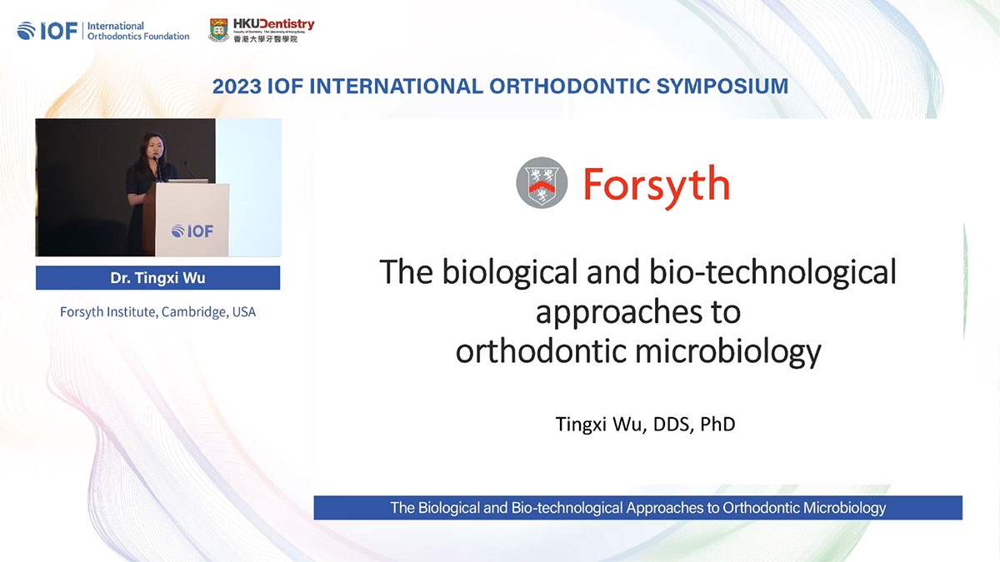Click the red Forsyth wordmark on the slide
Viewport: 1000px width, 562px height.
click(656, 184)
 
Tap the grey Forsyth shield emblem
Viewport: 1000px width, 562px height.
click(542, 184)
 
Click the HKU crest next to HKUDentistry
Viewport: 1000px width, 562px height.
click(218, 30)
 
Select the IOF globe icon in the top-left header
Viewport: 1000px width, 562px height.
click(27, 32)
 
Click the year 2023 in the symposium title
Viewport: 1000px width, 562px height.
click(237, 86)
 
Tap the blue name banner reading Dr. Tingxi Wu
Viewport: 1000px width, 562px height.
click(157, 278)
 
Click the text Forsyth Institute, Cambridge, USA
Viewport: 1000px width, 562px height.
click(157, 313)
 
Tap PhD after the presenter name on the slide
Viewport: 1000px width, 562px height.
click(717, 424)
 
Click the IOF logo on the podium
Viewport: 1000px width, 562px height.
click(192, 231)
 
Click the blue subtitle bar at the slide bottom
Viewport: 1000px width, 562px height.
click(637, 508)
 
